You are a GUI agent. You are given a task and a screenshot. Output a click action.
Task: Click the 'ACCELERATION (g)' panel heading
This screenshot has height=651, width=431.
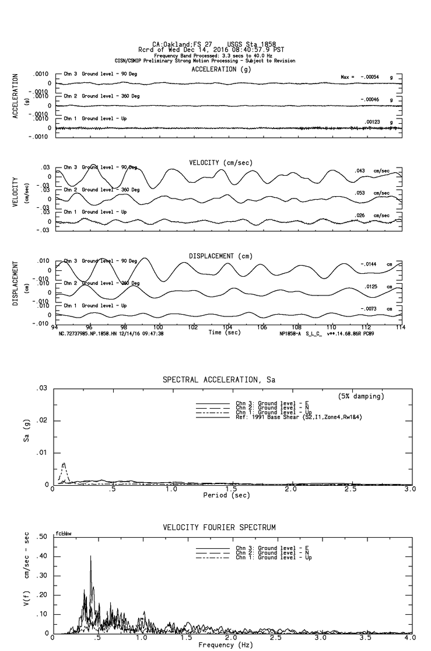221,69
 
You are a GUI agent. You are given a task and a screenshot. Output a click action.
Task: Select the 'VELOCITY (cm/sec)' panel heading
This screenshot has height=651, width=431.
222,162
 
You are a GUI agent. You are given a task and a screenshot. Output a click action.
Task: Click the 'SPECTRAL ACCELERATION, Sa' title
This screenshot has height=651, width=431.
219,380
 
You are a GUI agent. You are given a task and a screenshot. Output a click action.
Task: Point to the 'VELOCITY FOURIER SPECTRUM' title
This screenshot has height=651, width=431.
219,528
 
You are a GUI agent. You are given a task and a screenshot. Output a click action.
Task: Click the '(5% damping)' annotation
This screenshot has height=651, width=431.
361,396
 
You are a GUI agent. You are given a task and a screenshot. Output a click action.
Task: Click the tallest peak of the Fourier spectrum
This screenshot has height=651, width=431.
90,556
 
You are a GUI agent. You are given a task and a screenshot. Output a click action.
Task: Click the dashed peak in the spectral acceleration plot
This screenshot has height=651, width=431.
64,464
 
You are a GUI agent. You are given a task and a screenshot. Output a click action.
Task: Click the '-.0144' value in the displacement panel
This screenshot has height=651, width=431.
371,264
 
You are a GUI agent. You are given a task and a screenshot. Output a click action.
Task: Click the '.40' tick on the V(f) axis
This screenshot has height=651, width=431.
42,556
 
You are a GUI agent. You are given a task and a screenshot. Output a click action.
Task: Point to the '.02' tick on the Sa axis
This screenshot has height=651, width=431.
42,421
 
